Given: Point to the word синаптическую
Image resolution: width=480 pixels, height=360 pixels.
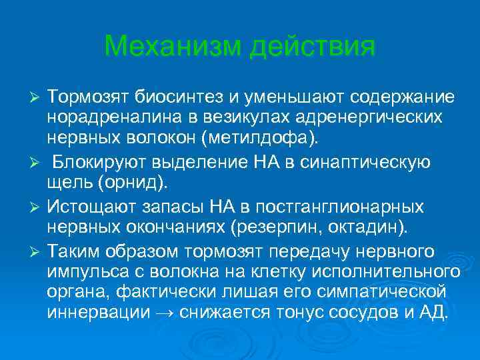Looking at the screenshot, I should [365, 162].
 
